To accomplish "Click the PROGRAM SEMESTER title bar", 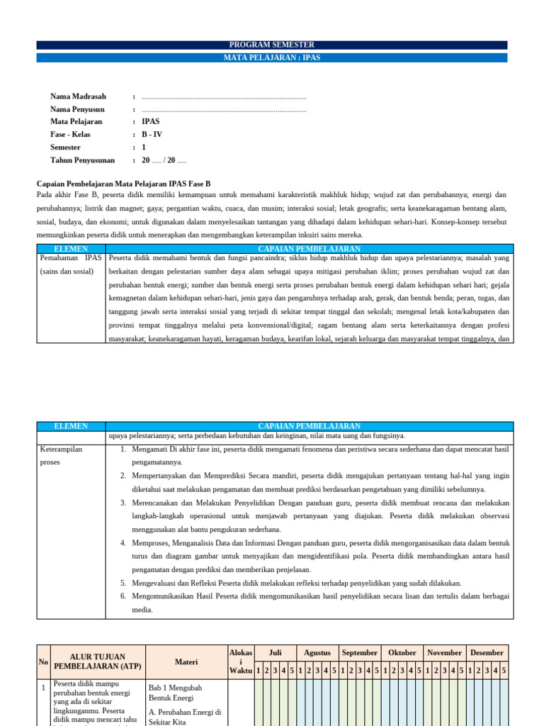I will point(272,45).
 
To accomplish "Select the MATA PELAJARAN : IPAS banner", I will point(272,57).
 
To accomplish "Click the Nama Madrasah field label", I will point(78,96).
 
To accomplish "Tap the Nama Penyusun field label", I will point(77,109).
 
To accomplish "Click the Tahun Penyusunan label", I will point(82,160).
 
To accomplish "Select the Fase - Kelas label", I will point(73,135).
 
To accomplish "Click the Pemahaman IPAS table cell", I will point(71,264).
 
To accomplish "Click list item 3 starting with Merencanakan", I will point(319,515).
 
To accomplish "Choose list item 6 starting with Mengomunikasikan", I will point(319,603).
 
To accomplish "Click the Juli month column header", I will point(276,652).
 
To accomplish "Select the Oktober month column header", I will point(402,652).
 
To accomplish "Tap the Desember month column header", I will point(487,652).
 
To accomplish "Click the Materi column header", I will point(186,661).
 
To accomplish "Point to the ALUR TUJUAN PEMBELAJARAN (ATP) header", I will point(98,661).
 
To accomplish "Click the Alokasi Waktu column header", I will point(240,661).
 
